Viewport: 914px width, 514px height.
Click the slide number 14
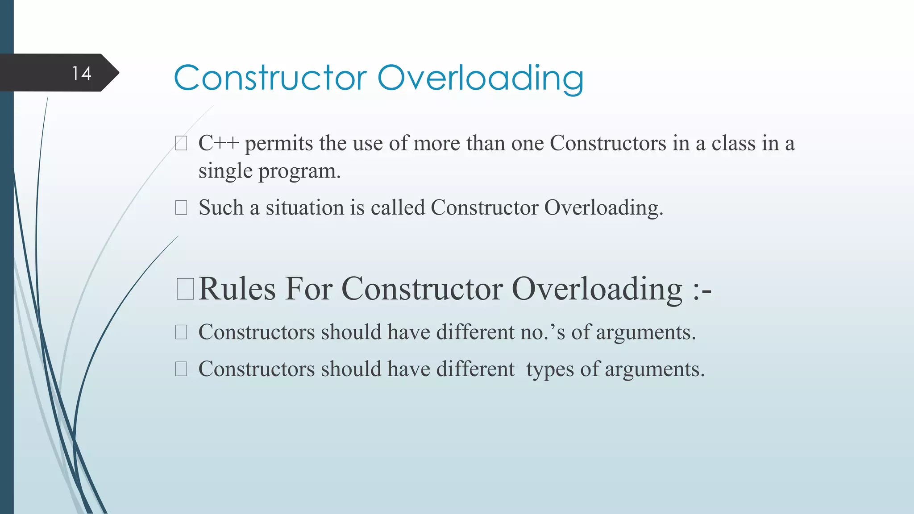point(82,73)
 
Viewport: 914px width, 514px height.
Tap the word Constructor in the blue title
point(270,79)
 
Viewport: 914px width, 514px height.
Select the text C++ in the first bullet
point(219,144)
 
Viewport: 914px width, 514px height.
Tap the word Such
point(220,208)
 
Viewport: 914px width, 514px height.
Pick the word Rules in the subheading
point(237,289)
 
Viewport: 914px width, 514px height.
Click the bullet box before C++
point(181,144)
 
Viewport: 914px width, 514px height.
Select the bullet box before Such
point(181,208)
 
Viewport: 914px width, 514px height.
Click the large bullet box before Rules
point(185,289)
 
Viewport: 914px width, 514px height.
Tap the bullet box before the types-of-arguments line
point(181,369)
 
